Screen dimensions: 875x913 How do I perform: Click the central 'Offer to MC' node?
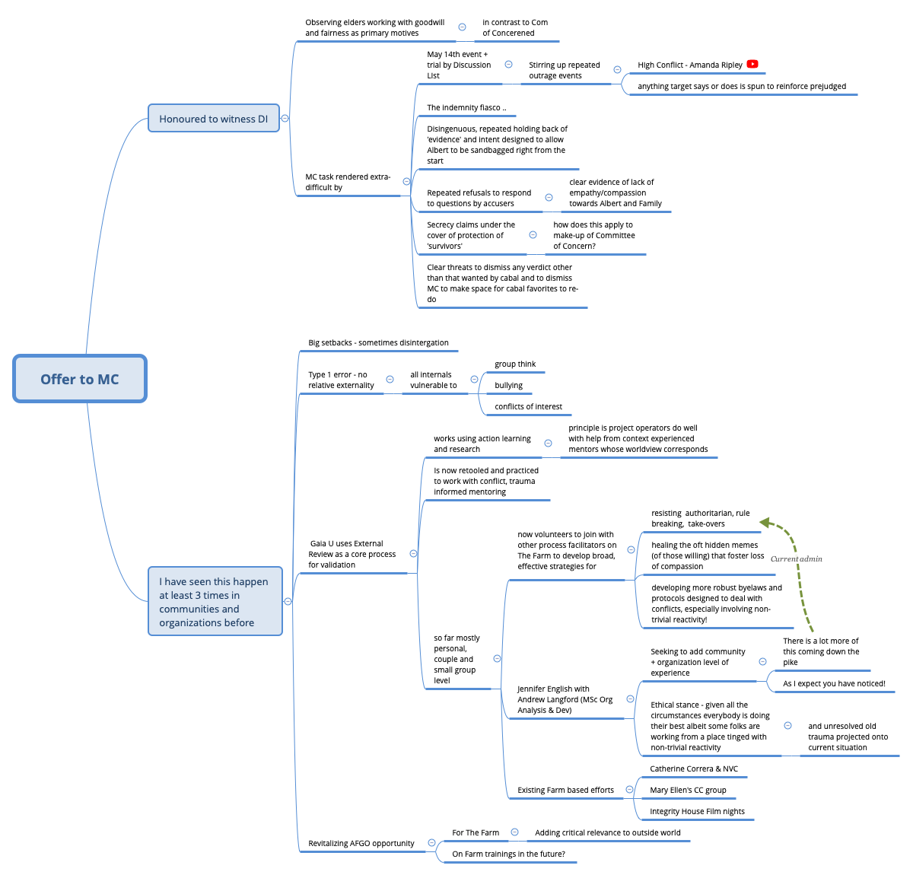click(80, 379)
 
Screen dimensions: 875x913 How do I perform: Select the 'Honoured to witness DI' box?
click(214, 119)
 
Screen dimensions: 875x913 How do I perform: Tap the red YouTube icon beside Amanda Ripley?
click(752, 65)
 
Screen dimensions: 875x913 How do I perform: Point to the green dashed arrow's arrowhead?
click(765, 523)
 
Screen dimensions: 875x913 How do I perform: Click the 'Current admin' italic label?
click(796, 559)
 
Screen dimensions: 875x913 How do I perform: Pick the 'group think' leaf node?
click(515, 364)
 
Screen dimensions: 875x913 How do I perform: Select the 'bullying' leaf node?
click(508, 386)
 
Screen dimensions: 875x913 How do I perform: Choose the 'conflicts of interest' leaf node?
click(528, 407)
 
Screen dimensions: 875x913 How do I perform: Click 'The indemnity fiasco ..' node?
click(466, 108)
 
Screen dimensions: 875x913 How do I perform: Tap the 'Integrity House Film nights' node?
click(697, 812)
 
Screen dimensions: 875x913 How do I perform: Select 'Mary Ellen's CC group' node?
click(688, 791)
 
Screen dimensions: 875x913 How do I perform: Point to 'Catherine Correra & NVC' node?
click(694, 769)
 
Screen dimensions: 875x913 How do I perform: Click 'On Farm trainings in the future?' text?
click(508, 854)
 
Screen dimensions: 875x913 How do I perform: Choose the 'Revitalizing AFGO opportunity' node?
click(361, 844)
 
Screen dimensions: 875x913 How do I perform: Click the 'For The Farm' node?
click(476, 833)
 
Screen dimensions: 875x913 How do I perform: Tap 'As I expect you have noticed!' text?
click(834, 684)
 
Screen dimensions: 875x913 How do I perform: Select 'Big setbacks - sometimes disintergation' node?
click(378, 343)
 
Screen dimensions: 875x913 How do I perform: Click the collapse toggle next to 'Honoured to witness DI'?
click(285, 119)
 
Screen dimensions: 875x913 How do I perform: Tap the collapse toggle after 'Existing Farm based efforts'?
click(629, 790)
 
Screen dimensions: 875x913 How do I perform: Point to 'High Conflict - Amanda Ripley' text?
click(690, 65)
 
